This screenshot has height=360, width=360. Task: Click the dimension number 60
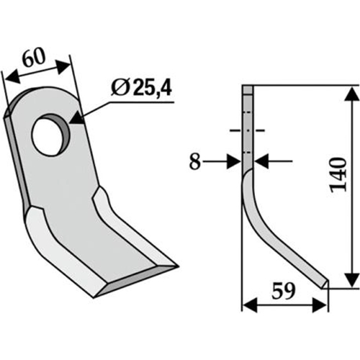pos(35,58)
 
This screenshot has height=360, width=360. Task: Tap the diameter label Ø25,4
pos(141,89)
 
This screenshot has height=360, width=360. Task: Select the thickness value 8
pos(194,161)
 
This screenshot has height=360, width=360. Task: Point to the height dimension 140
pos(338,174)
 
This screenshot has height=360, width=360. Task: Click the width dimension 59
pos(283,291)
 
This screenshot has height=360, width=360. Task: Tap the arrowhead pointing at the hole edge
pos(76,118)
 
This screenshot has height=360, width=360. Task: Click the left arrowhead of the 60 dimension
pos(13,77)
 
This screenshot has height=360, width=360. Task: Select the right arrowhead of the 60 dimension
pos(64,66)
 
